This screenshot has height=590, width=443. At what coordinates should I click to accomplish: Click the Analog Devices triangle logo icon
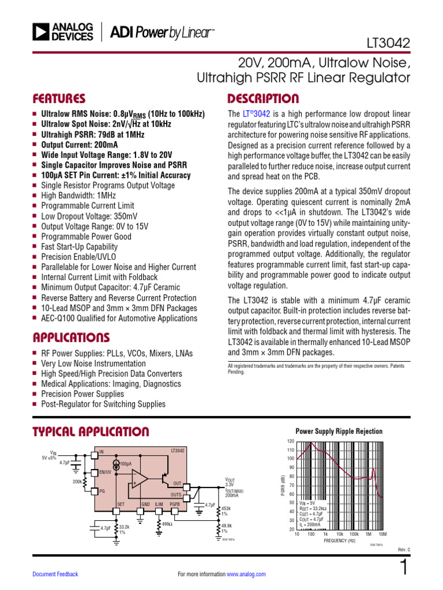point(42,32)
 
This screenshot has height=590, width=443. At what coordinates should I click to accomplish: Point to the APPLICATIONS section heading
point(71,337)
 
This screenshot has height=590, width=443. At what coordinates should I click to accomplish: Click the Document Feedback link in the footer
point(55,574)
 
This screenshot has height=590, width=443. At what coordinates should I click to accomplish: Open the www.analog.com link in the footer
point(246,574)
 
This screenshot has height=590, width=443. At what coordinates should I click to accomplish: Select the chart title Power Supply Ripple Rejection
point(339,431)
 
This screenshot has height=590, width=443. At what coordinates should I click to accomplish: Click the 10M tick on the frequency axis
point(383,534)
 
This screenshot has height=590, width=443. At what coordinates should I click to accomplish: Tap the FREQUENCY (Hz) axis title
point(343,541)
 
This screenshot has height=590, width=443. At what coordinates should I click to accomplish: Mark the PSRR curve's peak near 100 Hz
point(312,443)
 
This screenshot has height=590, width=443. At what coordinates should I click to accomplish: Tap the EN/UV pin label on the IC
point(106,472)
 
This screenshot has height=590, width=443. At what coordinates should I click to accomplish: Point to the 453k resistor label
point(226,509)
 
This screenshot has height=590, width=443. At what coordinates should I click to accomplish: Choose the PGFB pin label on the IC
point(175,504)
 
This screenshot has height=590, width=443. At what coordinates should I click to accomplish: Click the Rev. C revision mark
point(404,549)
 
